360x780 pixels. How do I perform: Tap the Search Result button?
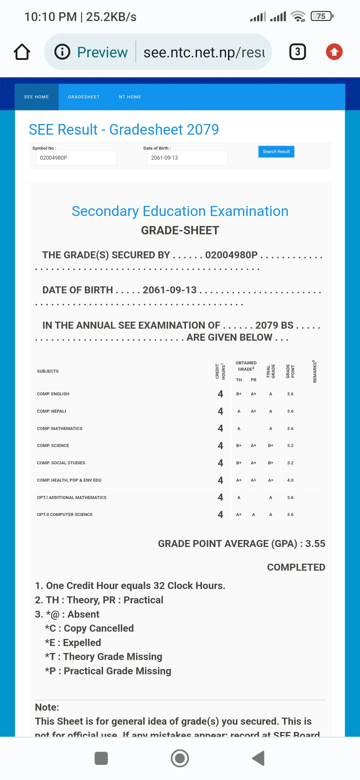point(276,152)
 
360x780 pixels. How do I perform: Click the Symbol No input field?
point(76,158)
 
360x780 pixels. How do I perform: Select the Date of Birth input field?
point(187,158)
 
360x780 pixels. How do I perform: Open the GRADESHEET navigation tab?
point(84,97)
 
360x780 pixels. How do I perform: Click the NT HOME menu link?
point(130,97)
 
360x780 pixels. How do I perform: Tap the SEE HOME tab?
point(36,97)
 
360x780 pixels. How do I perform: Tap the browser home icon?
point(22,52)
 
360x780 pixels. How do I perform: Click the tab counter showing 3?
point(297,52)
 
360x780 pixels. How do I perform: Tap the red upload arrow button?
point(334,52)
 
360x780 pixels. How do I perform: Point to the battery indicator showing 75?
point(321,16)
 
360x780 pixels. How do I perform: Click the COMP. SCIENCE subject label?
point(53,446)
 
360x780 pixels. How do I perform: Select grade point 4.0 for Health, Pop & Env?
point(290,480)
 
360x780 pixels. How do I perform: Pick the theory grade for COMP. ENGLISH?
point(239,394)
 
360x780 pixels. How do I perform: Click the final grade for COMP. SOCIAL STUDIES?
point(271,463)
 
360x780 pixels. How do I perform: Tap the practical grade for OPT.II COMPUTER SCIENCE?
point(254,515)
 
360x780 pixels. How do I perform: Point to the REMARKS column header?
point(314,371)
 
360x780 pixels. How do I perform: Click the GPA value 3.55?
point(315,544)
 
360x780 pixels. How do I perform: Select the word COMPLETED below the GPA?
point(296,567)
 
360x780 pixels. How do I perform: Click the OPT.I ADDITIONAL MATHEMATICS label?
point(72,498)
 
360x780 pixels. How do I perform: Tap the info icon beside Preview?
point(62,52)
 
